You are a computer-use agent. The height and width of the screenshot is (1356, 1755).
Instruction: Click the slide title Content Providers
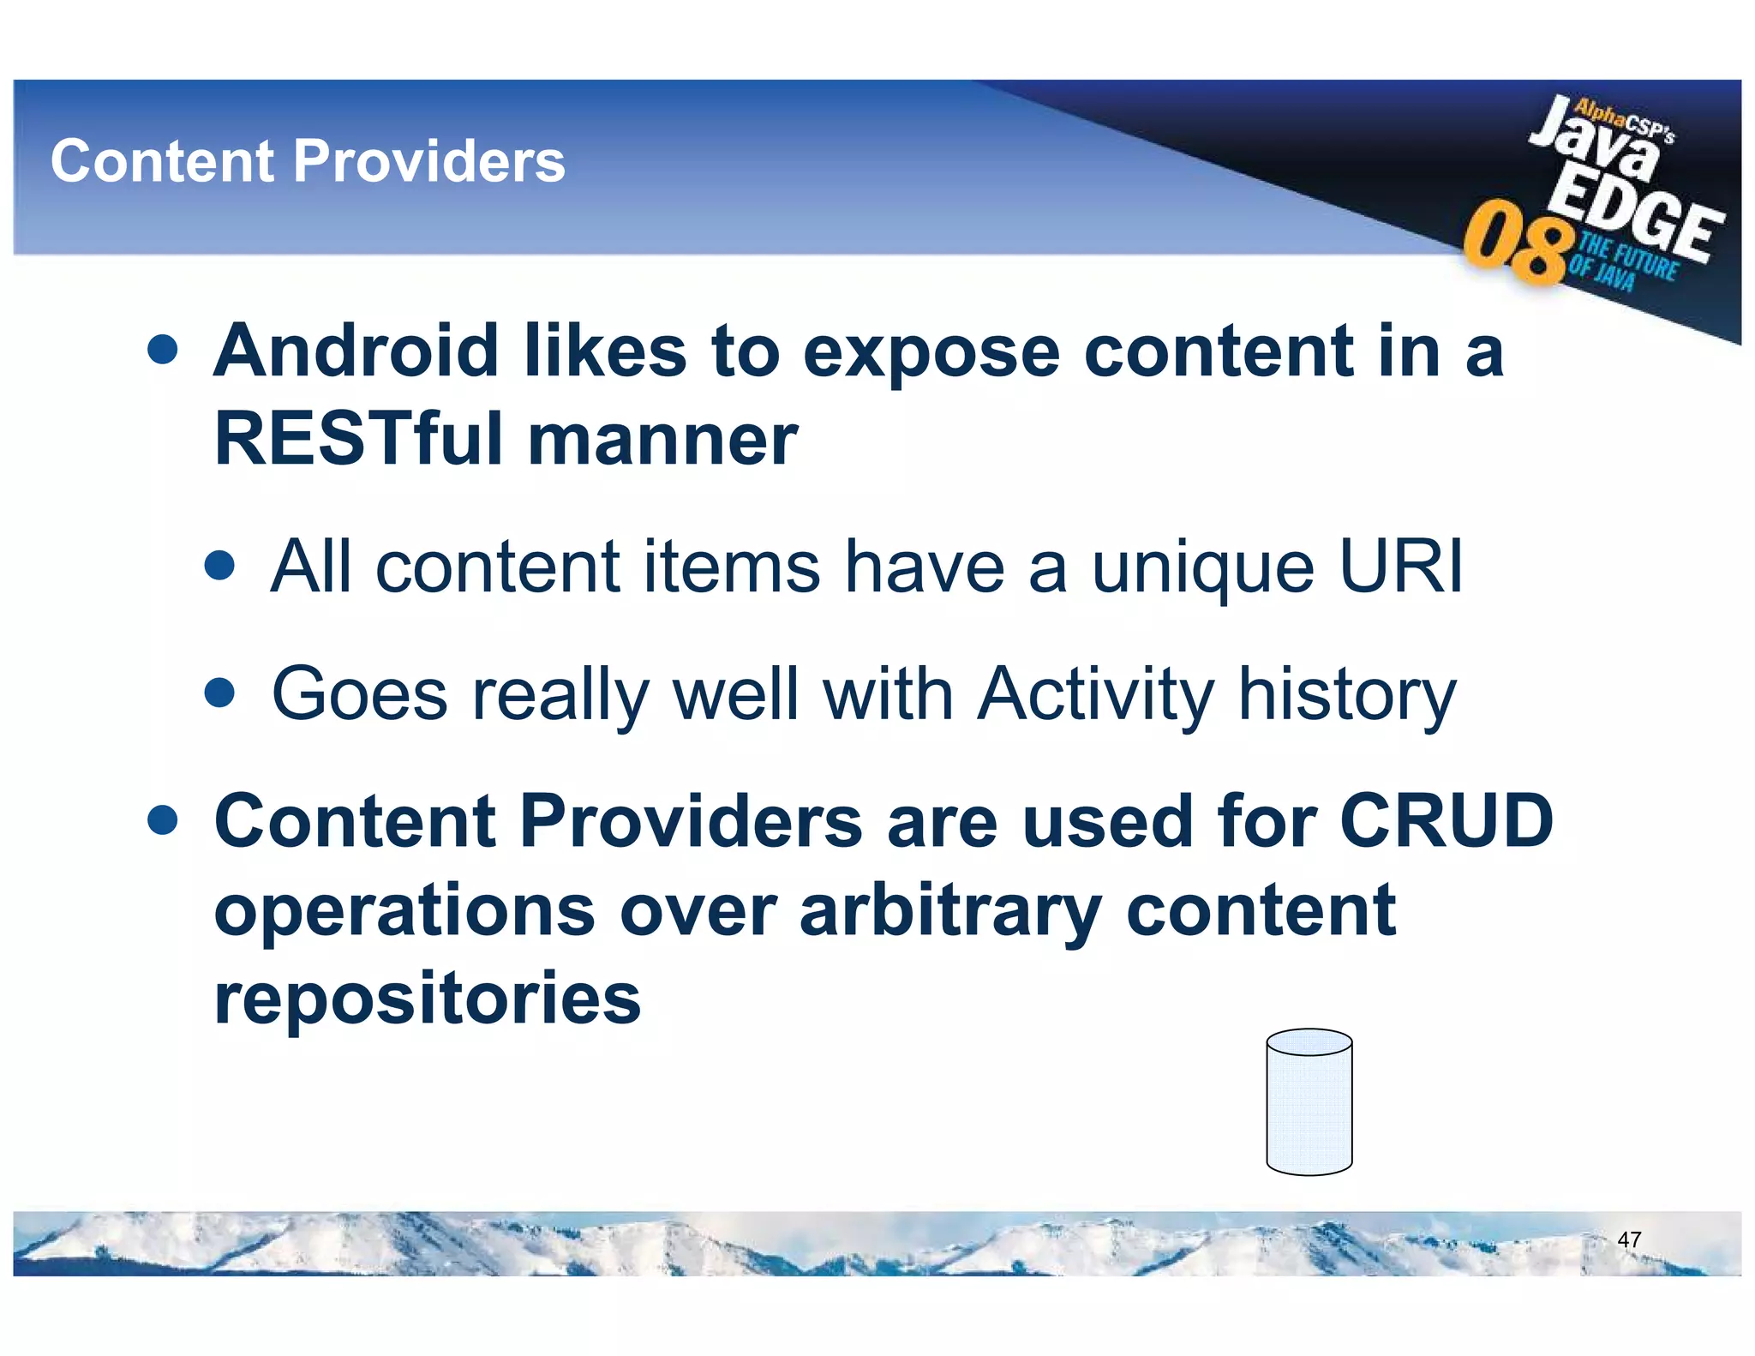pyautogui.click(x=308, y=161)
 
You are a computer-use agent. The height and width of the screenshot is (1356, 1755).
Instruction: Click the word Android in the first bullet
pyautogui.click(x=356, y=351)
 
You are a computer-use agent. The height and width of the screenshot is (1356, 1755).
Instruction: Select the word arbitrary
pyautogui.click(x=949, y=912)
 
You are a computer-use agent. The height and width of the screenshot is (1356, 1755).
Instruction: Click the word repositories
pyautogui.click(x=427, y=999)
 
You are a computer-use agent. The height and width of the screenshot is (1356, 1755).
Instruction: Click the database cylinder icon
pyautogui.click(x=1309, y=1102)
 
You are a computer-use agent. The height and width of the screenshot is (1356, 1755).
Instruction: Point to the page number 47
pyautogui.click(x=1628, y=1239)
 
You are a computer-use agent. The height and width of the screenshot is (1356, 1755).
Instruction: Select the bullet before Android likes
pyautogui.click(x=162, y=350)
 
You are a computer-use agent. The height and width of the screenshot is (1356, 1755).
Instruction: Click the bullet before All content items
pyautogui.click(x=220, y=566)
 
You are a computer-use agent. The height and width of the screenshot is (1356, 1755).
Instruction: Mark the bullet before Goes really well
pyautogui.click(x=220, y=693)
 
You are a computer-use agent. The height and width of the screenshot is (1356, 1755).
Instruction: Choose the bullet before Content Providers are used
pyautogui.click(x=162, y=819)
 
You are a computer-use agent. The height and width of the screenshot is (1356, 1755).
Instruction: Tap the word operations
pyautogui.click(x=404, y=912)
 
